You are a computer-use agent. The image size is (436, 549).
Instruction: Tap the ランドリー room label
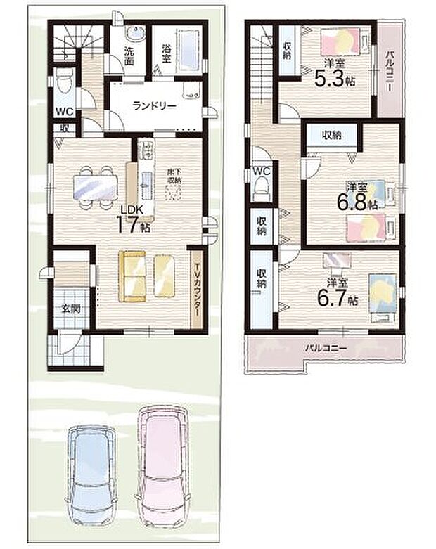tap(154, 105)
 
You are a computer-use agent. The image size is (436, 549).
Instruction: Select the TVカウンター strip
tap(197, 289)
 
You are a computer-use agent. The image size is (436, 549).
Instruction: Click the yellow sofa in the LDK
tap(132, 276)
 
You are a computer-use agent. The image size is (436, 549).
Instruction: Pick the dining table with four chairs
tap(95, 187)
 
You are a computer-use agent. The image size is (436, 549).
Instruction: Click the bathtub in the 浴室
tap(189, 49)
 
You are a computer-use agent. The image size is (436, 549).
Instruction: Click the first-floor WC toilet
tap(65, 82)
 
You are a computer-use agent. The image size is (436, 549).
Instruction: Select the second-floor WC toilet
tap(261, 188)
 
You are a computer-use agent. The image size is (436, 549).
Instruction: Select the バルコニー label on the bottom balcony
tap(326, 349)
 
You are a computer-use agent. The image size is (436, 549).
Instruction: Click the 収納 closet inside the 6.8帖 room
tap(332, 136)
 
